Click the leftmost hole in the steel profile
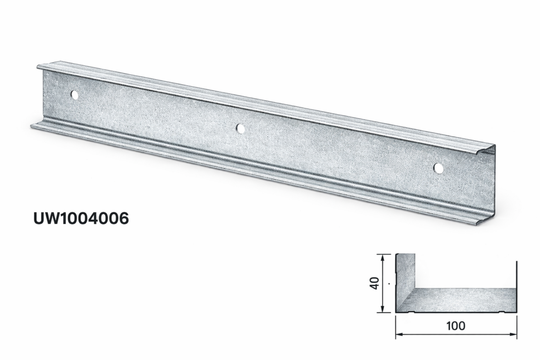74,95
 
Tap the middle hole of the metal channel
240,128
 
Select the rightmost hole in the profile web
438,168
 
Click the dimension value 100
455,326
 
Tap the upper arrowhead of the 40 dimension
382,257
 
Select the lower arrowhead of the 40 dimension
382,309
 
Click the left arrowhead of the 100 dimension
399,334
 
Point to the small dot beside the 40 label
389,284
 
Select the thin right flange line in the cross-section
516,285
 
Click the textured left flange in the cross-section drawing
404,279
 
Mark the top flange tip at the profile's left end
40,66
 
